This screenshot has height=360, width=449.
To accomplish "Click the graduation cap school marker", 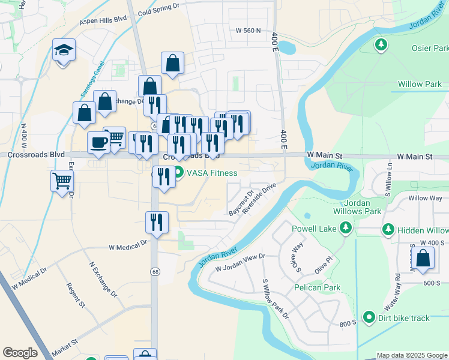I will (x=63, y=50).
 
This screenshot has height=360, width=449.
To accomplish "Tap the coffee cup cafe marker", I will (x=98, y=143).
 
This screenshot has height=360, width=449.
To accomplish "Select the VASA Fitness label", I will (x=212, y=173).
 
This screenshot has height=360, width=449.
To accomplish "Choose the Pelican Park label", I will (x=318, y=287).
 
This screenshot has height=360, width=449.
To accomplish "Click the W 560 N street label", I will (x=249, y=30).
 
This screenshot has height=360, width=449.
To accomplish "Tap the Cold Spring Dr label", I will (x=158, y=8).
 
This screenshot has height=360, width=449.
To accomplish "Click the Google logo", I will (x=20, y=353).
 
